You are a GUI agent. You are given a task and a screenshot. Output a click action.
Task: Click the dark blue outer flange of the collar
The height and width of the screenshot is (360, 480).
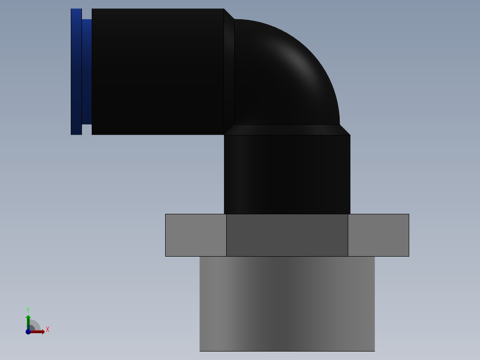pos(76,71)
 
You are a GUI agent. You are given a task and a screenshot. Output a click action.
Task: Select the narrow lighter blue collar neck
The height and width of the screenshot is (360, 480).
pos(87,71)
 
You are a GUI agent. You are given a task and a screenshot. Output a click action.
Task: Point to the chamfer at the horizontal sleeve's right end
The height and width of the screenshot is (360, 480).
pos(229,71)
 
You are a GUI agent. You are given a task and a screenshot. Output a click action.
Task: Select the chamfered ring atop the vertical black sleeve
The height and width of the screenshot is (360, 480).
pos(287,130)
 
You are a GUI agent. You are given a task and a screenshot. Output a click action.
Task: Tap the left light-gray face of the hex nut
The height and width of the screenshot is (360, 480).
pos(196,235)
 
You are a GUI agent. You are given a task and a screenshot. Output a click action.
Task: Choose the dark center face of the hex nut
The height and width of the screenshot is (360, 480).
pos(287,235)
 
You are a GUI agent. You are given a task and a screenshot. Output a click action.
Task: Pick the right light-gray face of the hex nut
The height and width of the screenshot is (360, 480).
pos(378,235)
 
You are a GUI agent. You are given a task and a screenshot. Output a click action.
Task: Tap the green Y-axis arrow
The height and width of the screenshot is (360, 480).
pos(28,320)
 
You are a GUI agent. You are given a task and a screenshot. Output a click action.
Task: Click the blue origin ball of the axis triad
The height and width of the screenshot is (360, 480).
pos(28,331)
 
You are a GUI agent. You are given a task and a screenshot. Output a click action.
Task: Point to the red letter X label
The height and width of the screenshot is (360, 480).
pos(48,330)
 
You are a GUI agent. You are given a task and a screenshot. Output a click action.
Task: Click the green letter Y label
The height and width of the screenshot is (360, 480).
pos(28,310)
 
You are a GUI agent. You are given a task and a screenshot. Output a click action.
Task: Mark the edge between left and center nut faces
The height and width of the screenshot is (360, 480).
pos(226,235)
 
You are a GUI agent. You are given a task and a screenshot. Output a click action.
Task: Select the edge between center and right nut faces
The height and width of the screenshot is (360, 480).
pos(348,235)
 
